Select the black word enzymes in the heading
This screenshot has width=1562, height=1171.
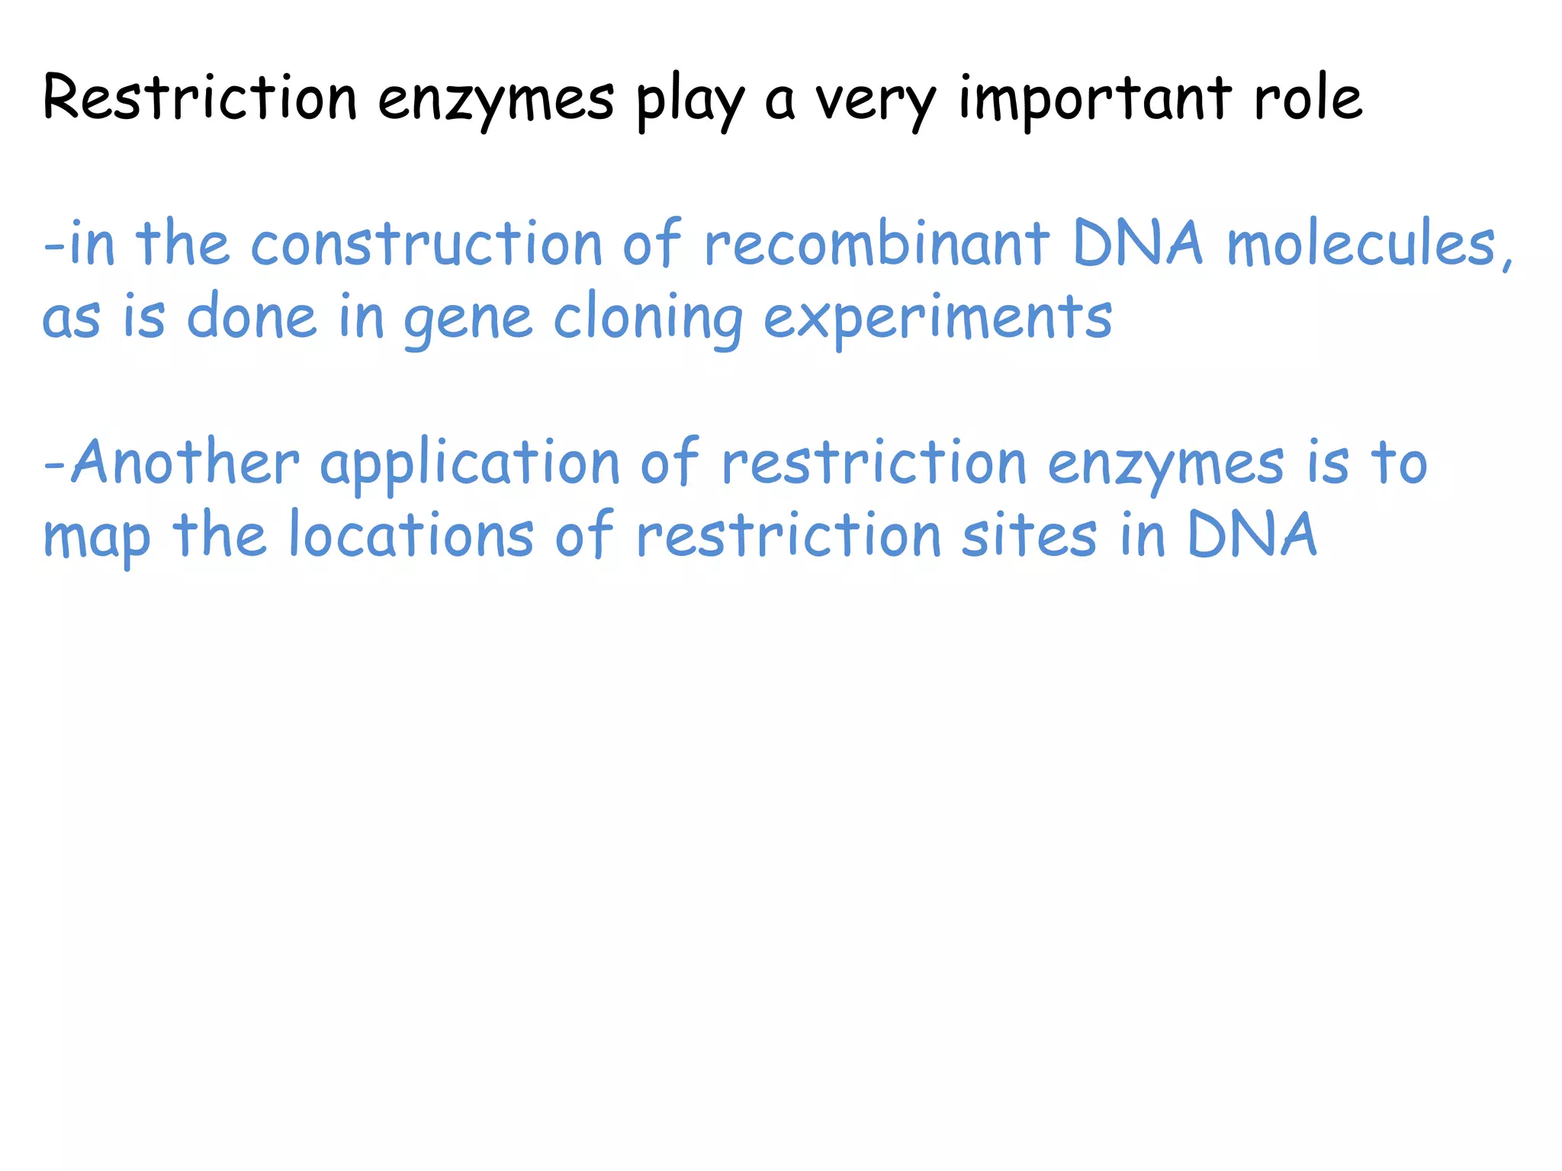(x=496, y=101)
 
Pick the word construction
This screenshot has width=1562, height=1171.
(x=426, y=244)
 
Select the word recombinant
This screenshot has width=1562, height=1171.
(x=876, y=244)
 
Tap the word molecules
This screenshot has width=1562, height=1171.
(x=1360, y=244)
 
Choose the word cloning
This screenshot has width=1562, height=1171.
(x=648, y=319)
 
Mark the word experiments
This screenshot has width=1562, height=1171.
(x=938, y=319)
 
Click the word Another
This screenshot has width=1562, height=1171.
(x=185, y=462)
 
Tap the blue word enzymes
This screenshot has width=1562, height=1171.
(x=1166, y=465)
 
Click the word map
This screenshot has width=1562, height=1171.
(x=97, y=538)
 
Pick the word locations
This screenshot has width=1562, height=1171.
(x=411, y=534)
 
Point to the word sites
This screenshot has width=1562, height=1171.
(x=1029, y=534)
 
